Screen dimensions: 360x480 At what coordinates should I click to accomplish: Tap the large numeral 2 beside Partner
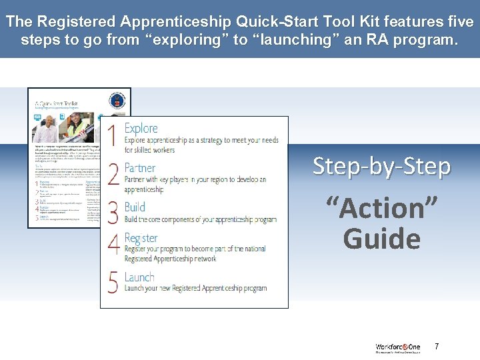113,175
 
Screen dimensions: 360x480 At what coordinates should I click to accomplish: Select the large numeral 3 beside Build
113,211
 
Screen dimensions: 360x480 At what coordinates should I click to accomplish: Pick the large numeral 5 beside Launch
113,281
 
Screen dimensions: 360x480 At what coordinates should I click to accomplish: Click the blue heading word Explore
141,128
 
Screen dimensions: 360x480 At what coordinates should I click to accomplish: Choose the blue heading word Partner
140,168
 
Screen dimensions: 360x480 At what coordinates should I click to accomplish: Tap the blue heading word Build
135,207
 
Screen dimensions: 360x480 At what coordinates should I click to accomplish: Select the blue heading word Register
141,238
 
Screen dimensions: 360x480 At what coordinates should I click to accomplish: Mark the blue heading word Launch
139,277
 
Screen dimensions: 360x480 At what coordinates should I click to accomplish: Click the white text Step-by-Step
381,166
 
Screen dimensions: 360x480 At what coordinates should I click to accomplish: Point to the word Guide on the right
381,239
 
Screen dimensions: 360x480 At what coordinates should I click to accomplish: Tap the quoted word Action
381,209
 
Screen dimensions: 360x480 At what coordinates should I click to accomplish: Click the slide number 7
437,347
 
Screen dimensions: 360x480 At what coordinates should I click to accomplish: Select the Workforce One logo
397,348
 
